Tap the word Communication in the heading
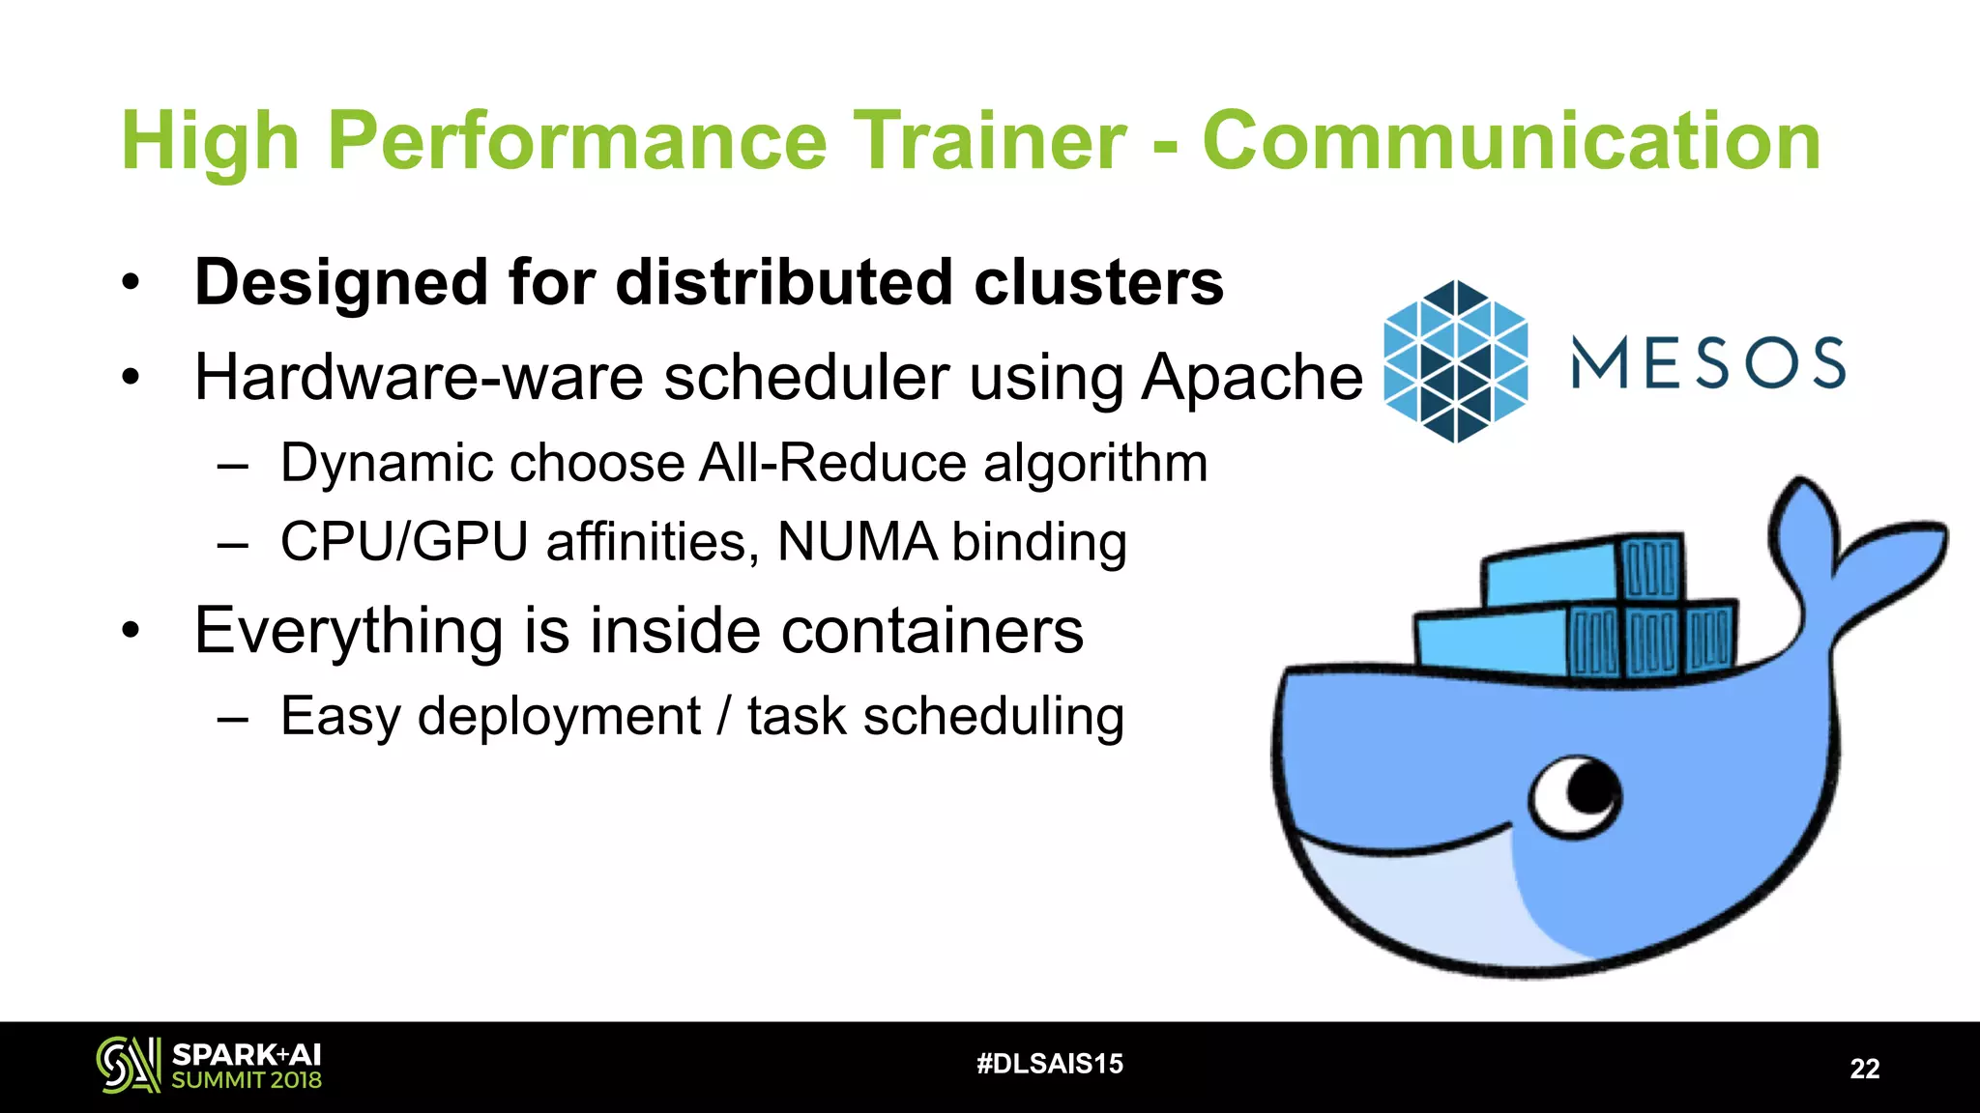1511,141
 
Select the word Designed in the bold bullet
341,282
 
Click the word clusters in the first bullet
1098,282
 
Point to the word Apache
1252,377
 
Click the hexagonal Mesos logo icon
1456,361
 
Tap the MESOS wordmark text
1708,363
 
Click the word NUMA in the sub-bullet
857,541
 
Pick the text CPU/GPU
404,541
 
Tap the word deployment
559,716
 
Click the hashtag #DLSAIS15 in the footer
1050,1064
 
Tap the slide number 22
1864,1069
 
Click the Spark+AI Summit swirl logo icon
128,1065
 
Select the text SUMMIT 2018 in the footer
247,1080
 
